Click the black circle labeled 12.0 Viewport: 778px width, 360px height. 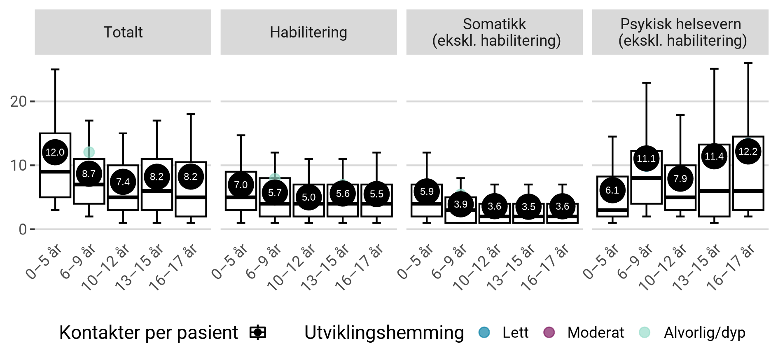click(55, 152)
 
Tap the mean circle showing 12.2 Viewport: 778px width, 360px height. click(748, 152)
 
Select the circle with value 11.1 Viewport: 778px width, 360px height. click(646, 159)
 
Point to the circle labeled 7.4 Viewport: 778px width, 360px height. click(123, 182)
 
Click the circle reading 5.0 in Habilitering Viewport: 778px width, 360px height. click(308, 197)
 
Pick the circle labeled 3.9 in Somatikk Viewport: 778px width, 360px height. click(460, 204)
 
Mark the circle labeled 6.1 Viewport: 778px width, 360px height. click(612, 190)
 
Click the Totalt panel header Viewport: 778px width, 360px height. click(123, 32)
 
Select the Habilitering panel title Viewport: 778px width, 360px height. click(308, 32)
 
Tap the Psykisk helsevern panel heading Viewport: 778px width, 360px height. click(680, 32)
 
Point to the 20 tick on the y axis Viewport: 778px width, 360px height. click(19, 101)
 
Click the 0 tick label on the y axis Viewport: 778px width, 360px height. click(23, 229)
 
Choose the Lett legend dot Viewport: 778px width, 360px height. click(484, 332)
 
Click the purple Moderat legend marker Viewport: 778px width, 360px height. click(549, 332)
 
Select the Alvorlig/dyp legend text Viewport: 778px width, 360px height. click(704, 332)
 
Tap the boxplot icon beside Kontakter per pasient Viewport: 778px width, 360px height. click(258, 332)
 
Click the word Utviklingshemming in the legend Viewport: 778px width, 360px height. click(384, 332)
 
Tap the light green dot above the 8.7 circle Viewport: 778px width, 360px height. click(89, 152)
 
